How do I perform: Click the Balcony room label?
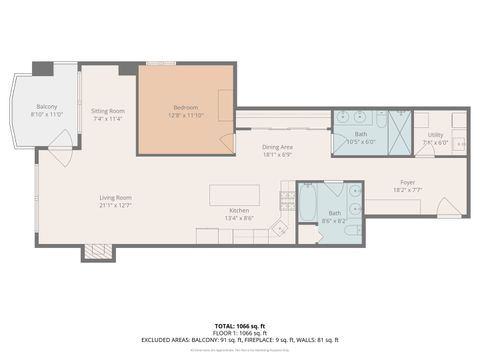coord(47,107)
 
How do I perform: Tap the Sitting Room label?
coord(108,110)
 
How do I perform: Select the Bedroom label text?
coord(185,107)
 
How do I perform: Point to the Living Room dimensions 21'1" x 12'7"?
coord(115,205)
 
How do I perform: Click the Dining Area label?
coord(277,147)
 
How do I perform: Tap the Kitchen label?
coord(239,210)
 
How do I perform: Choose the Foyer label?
coord(407,182)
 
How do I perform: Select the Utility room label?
coord(435,134)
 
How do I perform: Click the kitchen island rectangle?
coord(234,194)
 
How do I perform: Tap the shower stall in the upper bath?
coord(400,132)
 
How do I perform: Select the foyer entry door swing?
coord(449,208)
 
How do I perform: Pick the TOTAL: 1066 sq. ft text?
coord(239,327)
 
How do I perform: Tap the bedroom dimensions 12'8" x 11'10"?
coord(185,115)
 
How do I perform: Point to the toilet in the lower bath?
coord(352,230)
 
